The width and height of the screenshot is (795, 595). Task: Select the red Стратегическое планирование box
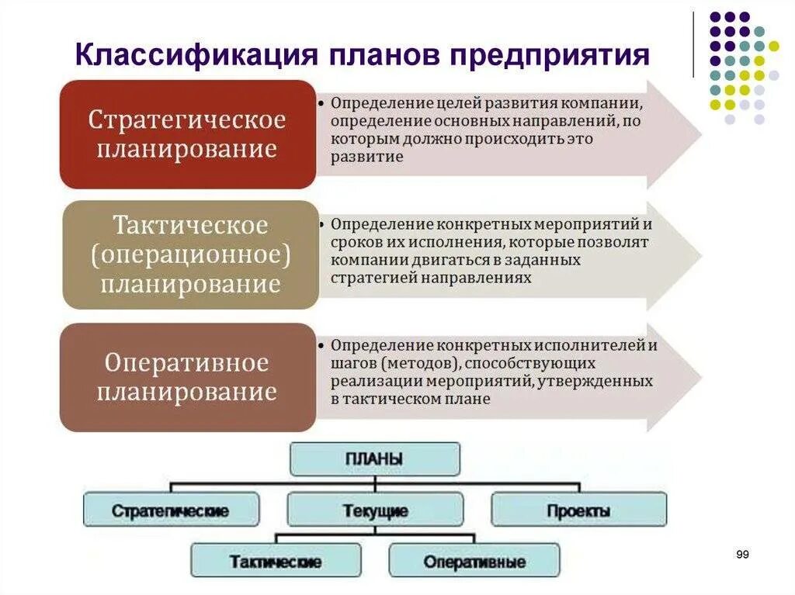[187, 134]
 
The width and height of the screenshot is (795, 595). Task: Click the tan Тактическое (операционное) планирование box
[190, 254]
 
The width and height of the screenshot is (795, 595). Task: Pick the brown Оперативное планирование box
[187, 377]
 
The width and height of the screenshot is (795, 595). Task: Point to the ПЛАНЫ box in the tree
[374, 459]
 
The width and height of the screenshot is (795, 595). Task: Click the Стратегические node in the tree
[171, 510]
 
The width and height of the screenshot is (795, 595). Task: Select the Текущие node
[375, 511]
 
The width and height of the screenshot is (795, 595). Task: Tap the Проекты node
[578, 510]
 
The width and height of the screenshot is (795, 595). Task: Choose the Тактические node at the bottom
[276, 561]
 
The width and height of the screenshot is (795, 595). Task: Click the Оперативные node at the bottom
[474, 561]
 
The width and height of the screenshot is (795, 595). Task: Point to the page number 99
[742, 554]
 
